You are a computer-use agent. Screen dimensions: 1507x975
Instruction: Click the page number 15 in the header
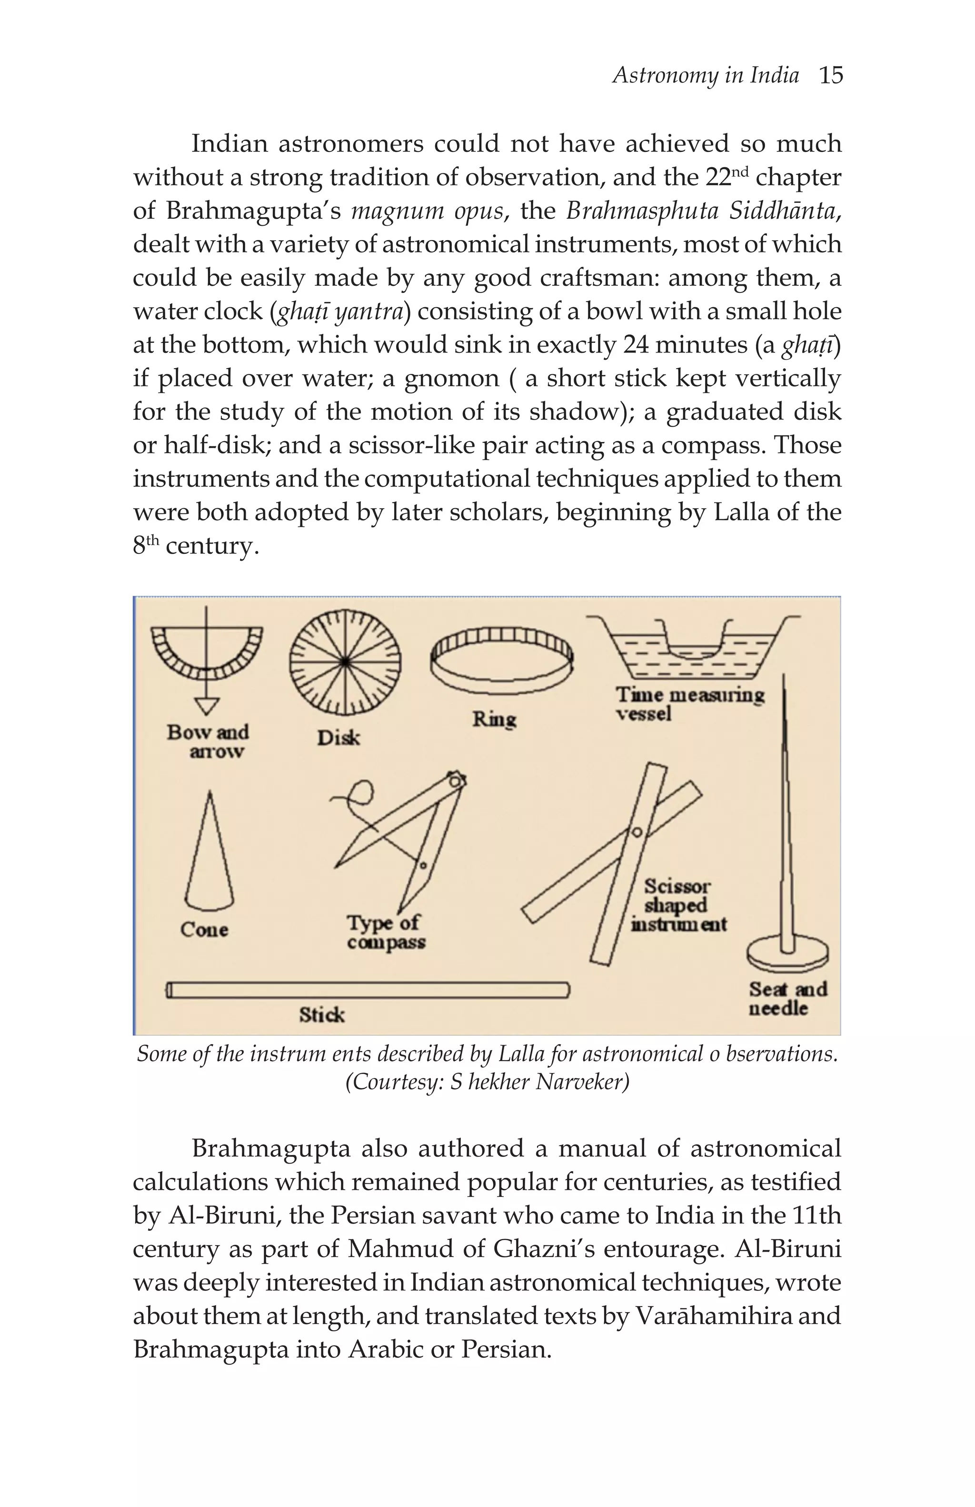click(830, 76)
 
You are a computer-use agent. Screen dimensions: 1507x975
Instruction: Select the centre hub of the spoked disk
click(345, 662)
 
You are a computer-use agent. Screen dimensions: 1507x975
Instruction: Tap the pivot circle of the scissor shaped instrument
click(637, 832)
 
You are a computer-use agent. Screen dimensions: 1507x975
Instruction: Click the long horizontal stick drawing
click(367, 990)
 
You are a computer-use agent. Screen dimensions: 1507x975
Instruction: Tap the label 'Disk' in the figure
click(338, 738)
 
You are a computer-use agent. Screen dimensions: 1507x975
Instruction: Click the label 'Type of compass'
click(385, 932)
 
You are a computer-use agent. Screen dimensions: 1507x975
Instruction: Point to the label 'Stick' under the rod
click(321, 1015)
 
